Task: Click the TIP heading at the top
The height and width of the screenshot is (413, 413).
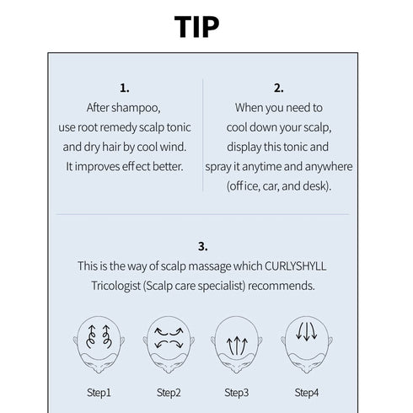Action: coord(196,26)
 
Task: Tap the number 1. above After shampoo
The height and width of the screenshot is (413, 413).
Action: coord(125,88)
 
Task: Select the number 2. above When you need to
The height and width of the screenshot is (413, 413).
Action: coord(279,88)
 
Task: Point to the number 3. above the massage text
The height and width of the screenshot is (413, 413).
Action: coord(203,246)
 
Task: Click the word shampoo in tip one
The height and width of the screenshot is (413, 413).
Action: coord(136,108)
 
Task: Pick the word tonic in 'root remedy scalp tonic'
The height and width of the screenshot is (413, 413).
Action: coord(179,127)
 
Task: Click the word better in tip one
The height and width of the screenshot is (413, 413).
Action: coord(168,166)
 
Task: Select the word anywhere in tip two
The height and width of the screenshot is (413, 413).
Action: coord(329,167)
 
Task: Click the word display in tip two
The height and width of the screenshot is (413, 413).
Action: coord(244,147)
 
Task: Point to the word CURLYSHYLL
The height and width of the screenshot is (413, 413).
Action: coord(295,266)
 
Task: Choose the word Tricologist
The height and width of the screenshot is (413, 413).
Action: coord(115,286)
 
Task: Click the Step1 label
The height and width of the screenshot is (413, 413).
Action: coord(99,393)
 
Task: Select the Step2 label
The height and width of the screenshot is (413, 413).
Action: coord(169,393)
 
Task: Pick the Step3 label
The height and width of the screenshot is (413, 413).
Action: coord(237,393)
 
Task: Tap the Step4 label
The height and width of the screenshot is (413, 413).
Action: coord(307,393)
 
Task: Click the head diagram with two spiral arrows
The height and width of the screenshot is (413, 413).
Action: coord(99,345)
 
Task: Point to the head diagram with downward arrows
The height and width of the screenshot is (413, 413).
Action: coord(307,345)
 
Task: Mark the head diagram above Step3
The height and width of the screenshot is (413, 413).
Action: coord(237,345)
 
